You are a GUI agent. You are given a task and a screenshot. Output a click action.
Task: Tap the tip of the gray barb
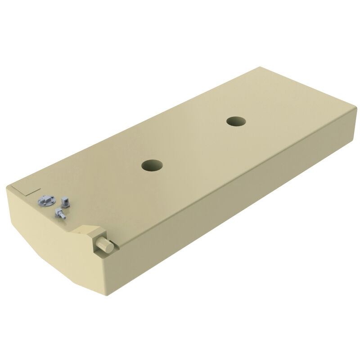[66, 218]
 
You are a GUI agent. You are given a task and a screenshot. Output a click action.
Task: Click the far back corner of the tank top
[260, 67]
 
